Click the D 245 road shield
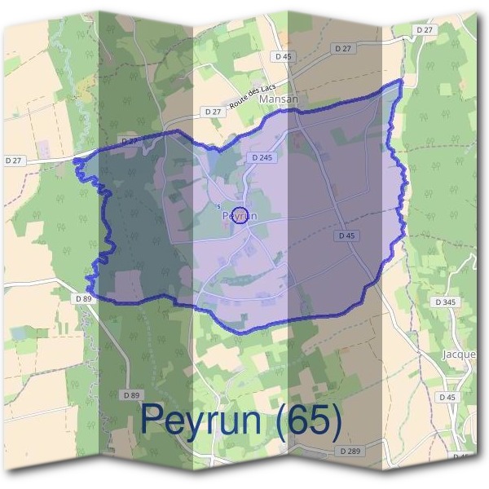click(262, 156)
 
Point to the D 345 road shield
click(445, 302)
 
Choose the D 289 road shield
click(350, 451)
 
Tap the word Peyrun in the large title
click(201, 420)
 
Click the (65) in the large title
click(308, 420)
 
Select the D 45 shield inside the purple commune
click(347, 236)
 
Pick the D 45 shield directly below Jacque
click(446, 397)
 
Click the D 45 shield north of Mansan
click(282, 56)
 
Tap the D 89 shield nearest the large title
click(130, 394)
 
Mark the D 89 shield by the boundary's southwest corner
click(83, 298)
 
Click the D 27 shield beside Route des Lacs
click(213, 111)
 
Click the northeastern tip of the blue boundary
click(401, 82)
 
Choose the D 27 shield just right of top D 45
click(344, 49)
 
